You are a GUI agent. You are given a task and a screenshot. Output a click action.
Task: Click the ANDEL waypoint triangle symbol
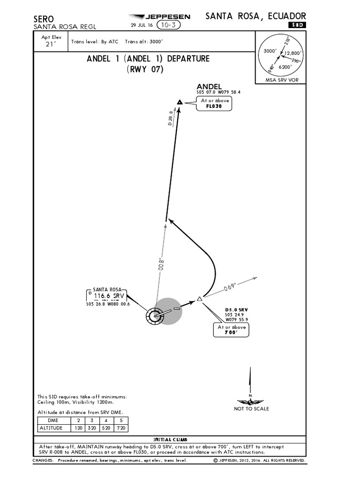point(179,102)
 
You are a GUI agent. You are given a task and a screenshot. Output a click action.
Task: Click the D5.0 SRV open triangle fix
point(200,299)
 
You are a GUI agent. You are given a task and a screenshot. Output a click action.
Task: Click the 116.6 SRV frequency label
point(109,296)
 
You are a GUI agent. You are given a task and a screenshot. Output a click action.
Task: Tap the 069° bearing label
point(230,286)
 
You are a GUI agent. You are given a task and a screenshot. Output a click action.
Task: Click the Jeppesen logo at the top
point(159,17)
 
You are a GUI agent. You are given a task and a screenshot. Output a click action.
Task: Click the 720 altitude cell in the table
point(121,428)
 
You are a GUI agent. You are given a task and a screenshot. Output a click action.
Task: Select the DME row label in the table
point(53,420)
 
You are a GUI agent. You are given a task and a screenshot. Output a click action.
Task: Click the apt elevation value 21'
point(50,45)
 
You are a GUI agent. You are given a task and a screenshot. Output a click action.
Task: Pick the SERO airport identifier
point(45,19)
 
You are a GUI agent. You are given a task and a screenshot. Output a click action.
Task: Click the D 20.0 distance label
point(171,118)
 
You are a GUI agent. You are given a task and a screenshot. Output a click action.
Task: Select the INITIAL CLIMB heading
point(170,440)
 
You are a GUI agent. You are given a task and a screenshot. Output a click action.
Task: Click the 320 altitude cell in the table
point(92,428)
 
